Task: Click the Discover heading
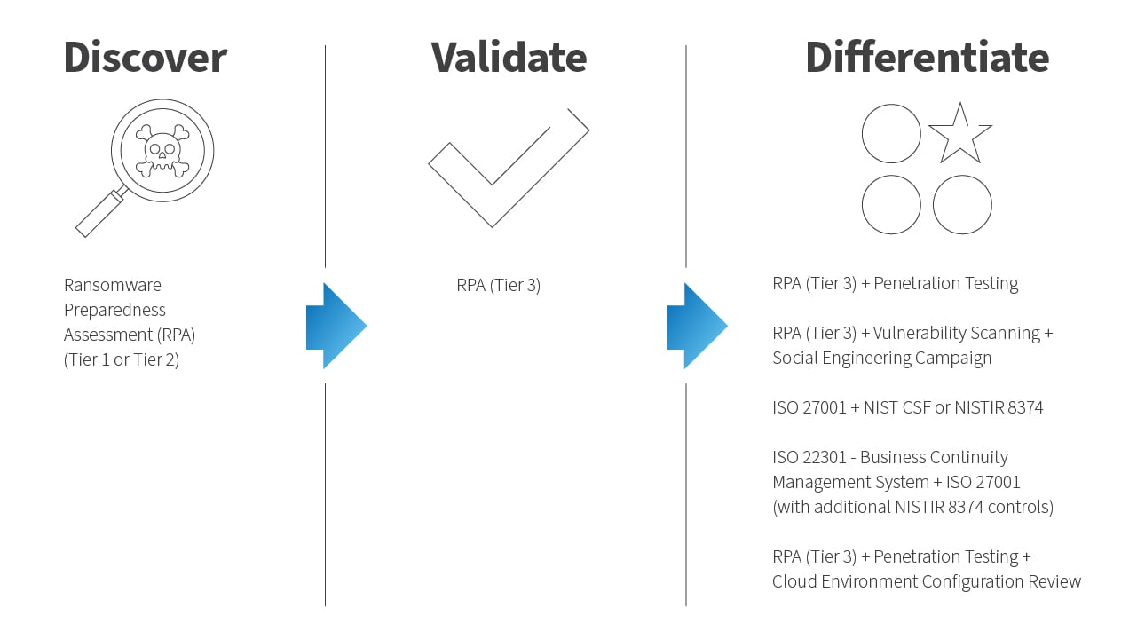[x=146, y=57]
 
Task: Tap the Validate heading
[x=509, y=57]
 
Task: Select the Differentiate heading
[x=928, y=57]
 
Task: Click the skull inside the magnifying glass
[x=162, y=151]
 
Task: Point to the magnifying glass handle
[x=100, y=212]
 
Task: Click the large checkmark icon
[x=509, y=168]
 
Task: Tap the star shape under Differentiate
[x=960, y=134]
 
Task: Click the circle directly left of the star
[x=891, y=133]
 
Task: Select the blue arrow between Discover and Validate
[x=336, y=326]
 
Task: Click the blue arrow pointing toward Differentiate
[x=697, y=326]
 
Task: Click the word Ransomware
[x=112, y=285]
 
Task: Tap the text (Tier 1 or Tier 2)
[x=122, y=359]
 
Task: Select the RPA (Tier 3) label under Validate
[x=499, y=285]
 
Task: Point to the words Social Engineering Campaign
[x=881, y=359]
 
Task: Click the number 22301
[x=824, y=457]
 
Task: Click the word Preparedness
[x=114, y=310]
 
